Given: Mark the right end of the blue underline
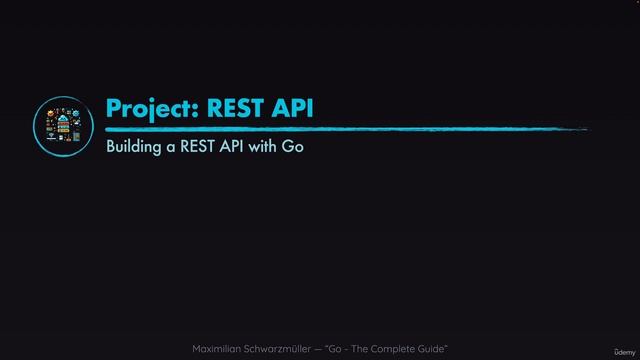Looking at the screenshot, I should (x=585, y=129).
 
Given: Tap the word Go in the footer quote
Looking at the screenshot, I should (x=342, y=348).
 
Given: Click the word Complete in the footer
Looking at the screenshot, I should (x=398, y=348).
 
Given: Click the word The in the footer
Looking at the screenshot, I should (x=367, y=348).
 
